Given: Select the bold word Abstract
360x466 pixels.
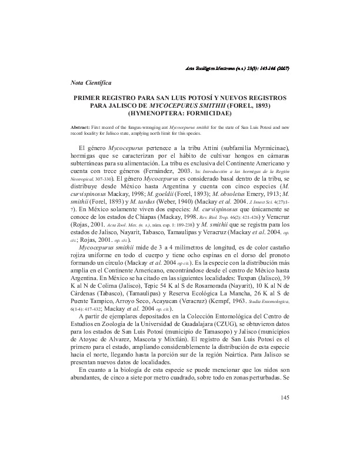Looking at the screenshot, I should click(82, 126).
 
